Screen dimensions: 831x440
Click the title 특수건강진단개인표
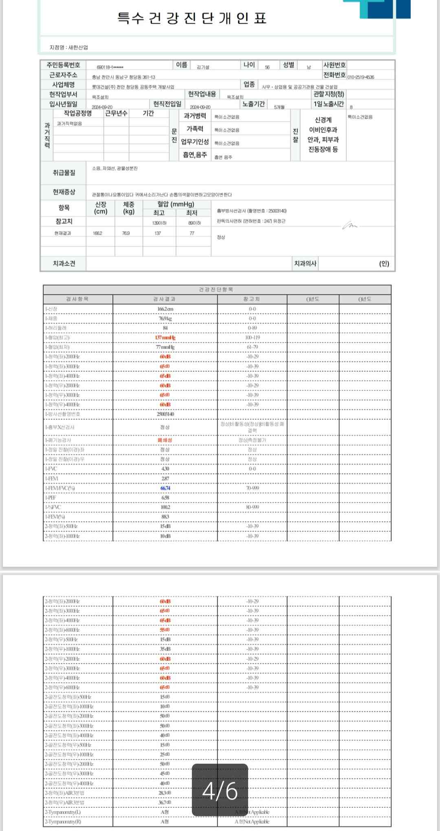click(x=192, y=18)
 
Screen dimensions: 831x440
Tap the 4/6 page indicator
click(x=220, y=790)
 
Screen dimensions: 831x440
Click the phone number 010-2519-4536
click(x=361, y=77)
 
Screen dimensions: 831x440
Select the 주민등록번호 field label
click(x=64, y=65)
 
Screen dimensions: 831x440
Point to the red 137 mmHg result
click(x=165, y=338)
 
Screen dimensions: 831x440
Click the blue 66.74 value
click(x=165, y=488)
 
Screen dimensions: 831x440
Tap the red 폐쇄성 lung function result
click(x=165, y=440)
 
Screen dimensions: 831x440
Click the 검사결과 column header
click(x=165, y=299)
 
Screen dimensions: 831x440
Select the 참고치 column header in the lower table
click(x=252, y=299)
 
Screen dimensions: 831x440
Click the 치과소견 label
click(x=64, y=263)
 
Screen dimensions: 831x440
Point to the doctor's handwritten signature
click(x=350, y=225)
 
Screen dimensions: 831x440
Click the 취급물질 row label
click(x=64, y=173)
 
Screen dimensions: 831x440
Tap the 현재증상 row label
click(x=64, y=192)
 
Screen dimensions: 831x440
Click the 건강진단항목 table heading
click(x=216, y=289)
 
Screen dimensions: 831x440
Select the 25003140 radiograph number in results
click(x=165, y=414)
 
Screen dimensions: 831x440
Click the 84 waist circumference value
click(x=165, y=328)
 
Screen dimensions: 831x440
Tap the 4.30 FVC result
click(x=165, y=469)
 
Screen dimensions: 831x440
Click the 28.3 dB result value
click(x=165, y=793)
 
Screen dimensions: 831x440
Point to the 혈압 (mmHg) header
click(x=176, y=204)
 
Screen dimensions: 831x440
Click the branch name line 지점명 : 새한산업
click(x=68, y=47)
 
